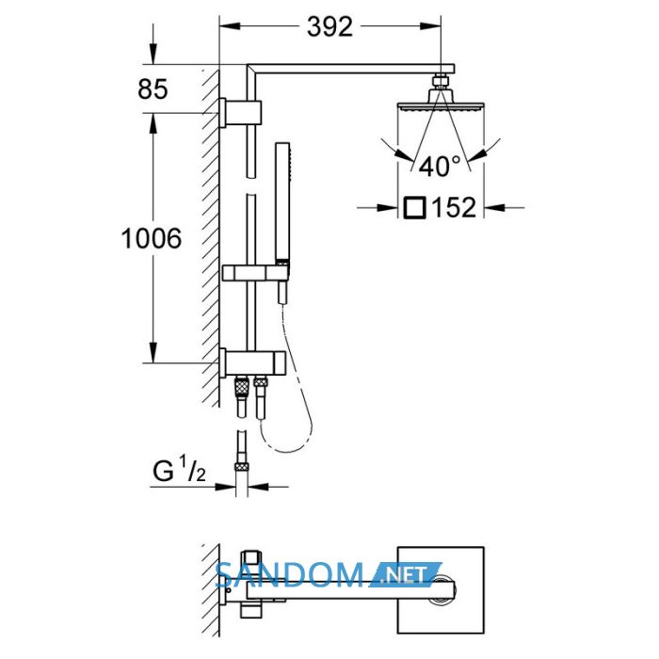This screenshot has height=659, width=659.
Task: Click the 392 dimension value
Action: point(329,27)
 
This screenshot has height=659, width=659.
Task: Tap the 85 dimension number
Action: point(153,89)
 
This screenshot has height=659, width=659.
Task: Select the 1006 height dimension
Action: point(152,238)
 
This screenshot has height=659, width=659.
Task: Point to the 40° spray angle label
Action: point(440,166)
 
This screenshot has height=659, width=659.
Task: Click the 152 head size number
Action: point(455,207)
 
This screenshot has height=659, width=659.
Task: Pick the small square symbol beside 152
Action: point(415,208)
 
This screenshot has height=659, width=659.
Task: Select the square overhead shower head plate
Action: point(441,106)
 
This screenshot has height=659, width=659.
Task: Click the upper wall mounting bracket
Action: point(240,113)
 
